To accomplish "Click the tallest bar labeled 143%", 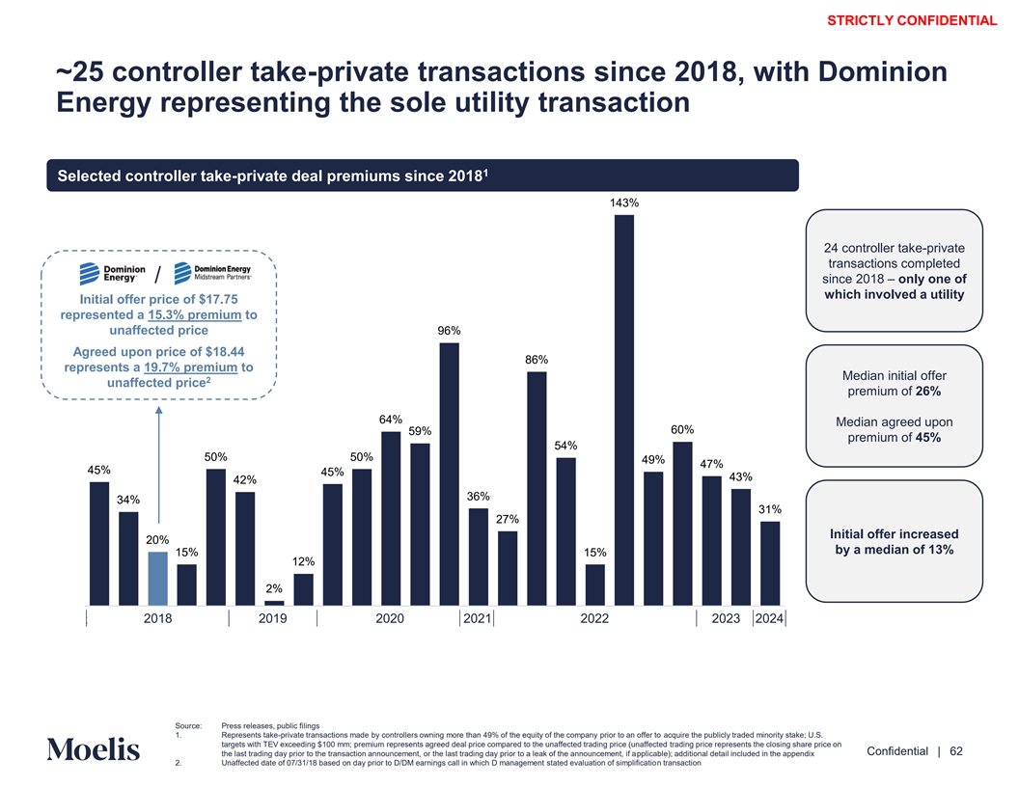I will [x=623, y=409].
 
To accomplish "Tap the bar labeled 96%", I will [x=449, y=473].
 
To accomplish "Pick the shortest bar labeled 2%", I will [x=274, y=603].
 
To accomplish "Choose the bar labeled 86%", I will [x=537, y=487].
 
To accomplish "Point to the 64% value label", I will [x=391, y=420].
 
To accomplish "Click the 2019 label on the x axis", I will [x=274, y=619].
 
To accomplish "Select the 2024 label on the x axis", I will [x=769, y=619].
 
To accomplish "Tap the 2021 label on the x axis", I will [x=476, y=619].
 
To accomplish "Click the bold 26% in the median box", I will [x=925, y=391].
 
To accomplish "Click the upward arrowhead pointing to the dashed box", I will [x=158, y=410].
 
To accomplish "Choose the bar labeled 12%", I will [x=303, y=588].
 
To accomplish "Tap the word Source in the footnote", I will [x=188, y=726].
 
